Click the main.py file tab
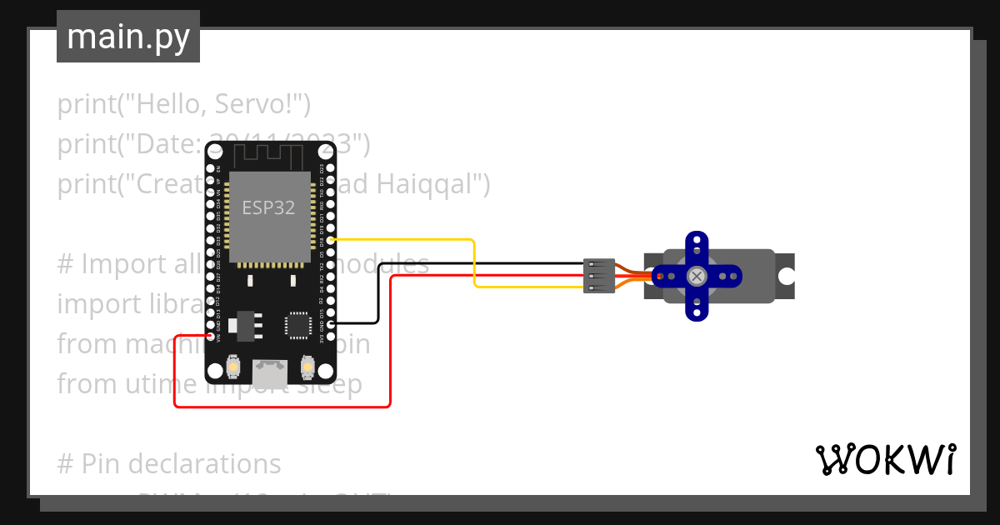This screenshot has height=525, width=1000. tap(127, 37)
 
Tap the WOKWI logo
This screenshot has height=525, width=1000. tap(885, 460)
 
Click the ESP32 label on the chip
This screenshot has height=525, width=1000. tap(268, 207)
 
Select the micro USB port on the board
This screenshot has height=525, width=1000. tap(270, 371)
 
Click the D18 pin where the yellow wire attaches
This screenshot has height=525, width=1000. tap(332, 240)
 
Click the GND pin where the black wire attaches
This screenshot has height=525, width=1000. tap(332, 323)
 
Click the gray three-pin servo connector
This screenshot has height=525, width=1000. tap(600, 276)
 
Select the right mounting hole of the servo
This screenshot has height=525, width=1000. tap(786, 276)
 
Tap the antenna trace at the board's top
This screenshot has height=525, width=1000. tap(269, 155)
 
